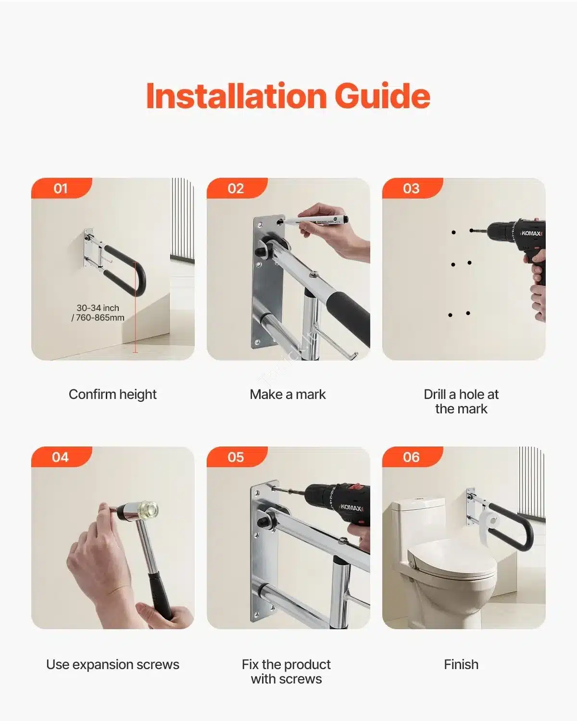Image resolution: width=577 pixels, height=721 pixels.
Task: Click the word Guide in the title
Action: (x=382, y=96)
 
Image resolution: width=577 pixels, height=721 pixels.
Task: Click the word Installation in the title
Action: (x=237, y=96)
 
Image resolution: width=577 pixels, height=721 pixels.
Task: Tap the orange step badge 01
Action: (x=62, y=188)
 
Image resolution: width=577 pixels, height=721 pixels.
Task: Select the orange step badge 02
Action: (x=237, y=188)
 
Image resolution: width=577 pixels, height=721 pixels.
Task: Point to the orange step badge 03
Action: (x=412, y=188)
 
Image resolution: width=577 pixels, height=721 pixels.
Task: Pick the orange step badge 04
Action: (x=62, y=457)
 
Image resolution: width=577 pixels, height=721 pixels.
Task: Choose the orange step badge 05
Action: (x=237, y=457)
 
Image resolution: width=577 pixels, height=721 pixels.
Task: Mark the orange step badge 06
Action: (x=412, y=457)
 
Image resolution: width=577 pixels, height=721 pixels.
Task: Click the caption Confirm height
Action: (x=113, y=394)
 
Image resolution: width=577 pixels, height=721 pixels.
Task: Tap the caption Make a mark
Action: (x=288, y=394)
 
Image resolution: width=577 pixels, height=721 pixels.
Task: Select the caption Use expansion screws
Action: (x=113, y=664)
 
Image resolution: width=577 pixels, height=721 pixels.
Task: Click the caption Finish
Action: (x=461, y=664)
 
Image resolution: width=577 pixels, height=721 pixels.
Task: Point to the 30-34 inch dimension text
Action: (x=98, y=308)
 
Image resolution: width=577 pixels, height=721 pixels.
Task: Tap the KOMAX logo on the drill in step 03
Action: (x=531, y=233)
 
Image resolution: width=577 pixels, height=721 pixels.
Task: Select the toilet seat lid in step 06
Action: (x=452, y=559)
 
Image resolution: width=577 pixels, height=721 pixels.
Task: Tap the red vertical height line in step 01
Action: (x=136, y=307)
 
